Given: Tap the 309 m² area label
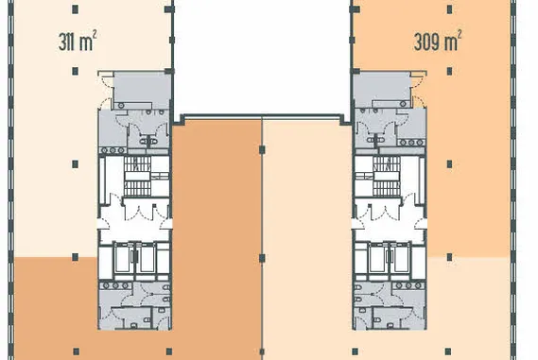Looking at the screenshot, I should (437, 41).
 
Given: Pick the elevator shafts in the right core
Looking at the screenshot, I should (387, 258).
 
